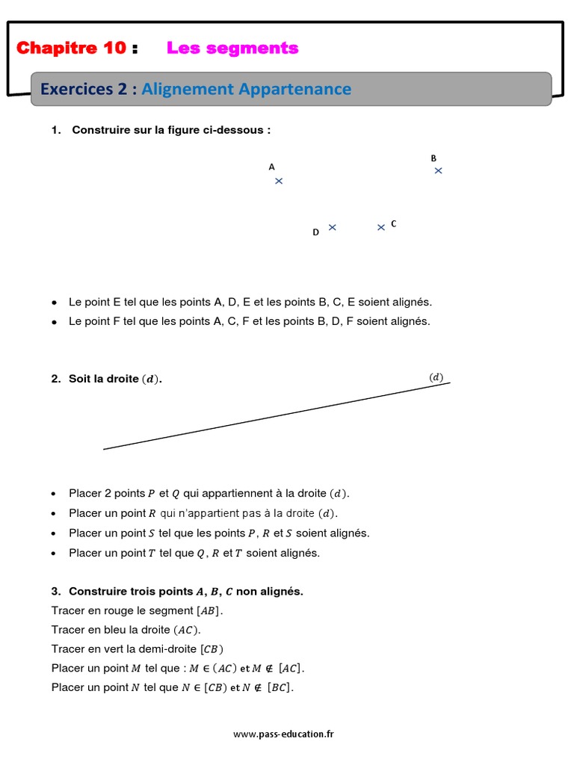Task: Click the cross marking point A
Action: (x=279, y=181)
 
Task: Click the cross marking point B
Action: (x=439, y=170)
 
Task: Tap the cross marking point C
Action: (x=381, y=227)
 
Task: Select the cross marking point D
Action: (x=333, y=227)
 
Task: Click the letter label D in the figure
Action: (x=315, y=232)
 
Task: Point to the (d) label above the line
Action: (x=436, y=377)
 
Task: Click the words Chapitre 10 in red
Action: (x=72, y=49)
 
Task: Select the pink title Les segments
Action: (x=232, y=49)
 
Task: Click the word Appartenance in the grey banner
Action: (x=294, y=89)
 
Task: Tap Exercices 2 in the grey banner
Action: (x=84, y=89)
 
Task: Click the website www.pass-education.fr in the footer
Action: (x=283, y=734)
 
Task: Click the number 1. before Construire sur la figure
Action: (x=56, y=130)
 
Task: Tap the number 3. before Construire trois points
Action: (x=56, y=591)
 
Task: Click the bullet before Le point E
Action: (x=55, y=303)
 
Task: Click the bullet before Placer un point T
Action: (x=55, y=554)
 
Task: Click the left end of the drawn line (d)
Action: (x=105, y=449)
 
